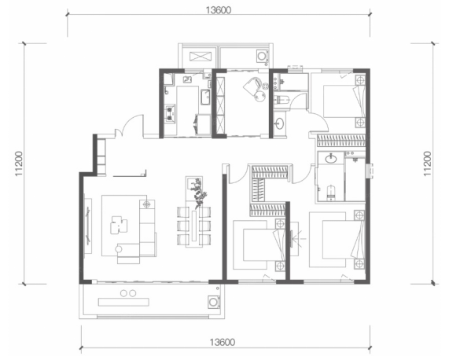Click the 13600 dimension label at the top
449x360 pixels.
(218, 10)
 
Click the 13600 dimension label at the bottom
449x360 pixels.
(223, 342)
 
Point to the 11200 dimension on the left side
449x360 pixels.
(19, 163)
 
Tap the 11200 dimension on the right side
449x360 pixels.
(427, 163)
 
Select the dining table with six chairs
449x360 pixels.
(194, 226)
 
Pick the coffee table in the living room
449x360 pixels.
(119, 225)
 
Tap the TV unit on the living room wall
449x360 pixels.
(88, 226)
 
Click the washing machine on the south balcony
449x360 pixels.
(214, 302)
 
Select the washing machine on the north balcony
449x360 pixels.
(262, 56)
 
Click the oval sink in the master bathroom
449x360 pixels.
(331, 159)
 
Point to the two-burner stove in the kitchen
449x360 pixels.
(171, 113)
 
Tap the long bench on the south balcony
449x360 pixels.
(123, 302)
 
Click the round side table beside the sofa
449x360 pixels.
(119, 249)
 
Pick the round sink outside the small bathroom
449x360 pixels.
(279, 124)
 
